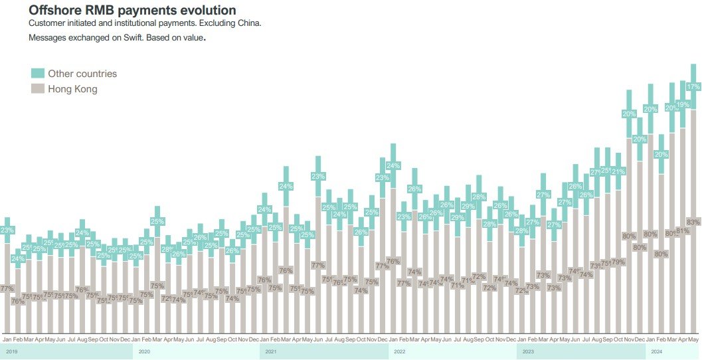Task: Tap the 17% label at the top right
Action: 693,87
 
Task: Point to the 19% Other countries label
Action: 682,104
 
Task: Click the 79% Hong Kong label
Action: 618,262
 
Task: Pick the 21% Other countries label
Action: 618,171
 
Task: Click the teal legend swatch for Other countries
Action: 38,73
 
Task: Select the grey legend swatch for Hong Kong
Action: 38,88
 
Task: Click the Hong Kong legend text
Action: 72,89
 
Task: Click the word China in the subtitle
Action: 248,24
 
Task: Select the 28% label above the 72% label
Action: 489,224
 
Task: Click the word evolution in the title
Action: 208,10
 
